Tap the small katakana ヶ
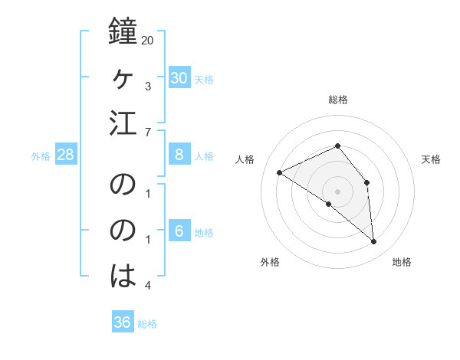(123, 78)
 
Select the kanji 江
(123, 123)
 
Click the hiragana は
(123, 274)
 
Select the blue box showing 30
(179, 77)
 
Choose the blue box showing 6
(179, 231)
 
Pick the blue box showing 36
(123, 322)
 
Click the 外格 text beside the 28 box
(41, 156)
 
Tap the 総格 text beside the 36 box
(147, 324)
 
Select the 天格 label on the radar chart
(431, 159)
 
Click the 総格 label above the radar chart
(337, 100)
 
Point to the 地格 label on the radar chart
(402, 262)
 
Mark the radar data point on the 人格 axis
(280, 172)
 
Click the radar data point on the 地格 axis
(374, 241)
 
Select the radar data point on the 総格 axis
(337, 146)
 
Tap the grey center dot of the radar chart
(337, 191)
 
